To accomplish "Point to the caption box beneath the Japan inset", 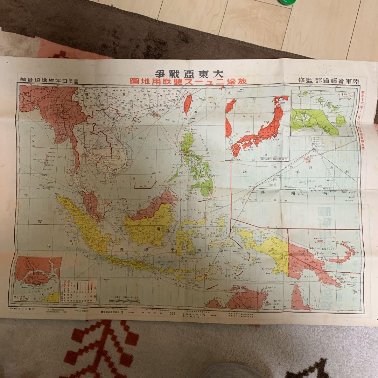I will [275, 159].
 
